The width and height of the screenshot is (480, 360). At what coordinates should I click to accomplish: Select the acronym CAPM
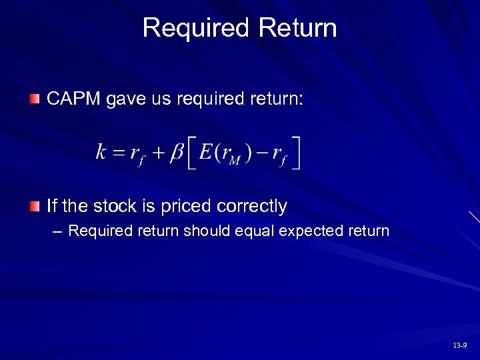(x=74, y=99)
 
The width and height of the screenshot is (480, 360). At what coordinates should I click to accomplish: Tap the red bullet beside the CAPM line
(x=34, y=99)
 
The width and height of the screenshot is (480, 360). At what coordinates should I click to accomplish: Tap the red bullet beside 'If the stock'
(x=34, y=206)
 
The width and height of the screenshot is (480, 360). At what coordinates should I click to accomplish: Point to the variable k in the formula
(x=101, y=153)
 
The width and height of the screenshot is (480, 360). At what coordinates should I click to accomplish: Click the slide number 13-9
(x=459, y=345)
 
